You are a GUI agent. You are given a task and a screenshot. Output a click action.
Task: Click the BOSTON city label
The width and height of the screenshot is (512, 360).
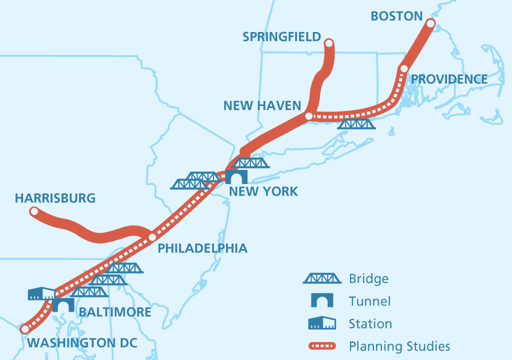click(396, 16)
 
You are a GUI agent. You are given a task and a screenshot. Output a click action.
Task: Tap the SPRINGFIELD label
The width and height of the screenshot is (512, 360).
click(281, 37)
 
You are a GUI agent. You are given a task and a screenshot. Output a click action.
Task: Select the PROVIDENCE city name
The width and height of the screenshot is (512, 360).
click(449, 79)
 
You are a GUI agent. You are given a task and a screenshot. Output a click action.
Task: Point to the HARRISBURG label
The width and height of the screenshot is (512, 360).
click(55, 198)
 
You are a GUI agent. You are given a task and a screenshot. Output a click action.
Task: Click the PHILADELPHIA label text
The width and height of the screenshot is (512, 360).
click(202, 248)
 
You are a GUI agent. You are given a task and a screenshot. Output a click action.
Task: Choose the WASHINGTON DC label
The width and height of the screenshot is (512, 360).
click(82, 343)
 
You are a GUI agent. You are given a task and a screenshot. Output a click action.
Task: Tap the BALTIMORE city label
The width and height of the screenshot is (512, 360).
click(115, 312)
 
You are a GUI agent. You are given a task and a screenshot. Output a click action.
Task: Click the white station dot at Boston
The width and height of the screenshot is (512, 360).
click(430, 23)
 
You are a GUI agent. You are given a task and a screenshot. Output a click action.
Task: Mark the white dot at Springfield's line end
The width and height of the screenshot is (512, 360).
click(328, 43)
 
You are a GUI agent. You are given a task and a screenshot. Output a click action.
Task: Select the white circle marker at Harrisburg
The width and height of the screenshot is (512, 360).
click(34, 212)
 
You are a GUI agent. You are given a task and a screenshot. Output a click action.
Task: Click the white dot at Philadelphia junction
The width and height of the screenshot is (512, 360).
click(152, 237)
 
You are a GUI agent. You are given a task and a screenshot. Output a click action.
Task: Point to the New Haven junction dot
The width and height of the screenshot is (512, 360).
click(308, 116)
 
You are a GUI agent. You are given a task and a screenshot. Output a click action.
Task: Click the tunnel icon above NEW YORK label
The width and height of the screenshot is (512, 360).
click(236, 176)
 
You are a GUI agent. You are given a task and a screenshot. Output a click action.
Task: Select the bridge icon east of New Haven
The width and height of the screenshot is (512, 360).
click(355, 123)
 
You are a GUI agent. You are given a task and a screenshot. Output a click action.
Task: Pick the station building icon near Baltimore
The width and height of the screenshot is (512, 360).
click(41, 293)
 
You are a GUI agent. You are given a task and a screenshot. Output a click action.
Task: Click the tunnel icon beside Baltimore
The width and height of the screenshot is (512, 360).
click(63, 304)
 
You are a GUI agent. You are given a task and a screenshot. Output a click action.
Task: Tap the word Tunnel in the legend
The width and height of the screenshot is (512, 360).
click(369, 301)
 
